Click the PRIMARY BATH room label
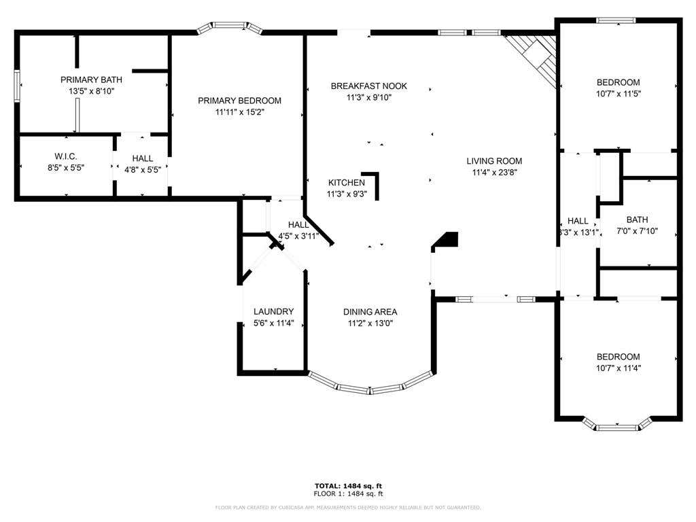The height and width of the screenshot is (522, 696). point(92,80)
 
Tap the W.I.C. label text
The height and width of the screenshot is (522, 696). point(66,156)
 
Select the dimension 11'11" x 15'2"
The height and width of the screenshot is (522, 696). point(240,112)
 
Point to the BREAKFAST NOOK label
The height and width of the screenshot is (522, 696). point(369,86)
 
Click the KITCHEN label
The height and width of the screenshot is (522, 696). point(347,182)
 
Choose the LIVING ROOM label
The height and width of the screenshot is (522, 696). point(494,161)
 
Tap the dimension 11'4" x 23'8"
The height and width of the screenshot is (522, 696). point(495,173)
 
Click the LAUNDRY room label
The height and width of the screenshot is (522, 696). point(273,311)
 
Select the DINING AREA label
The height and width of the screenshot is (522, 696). point(370,312)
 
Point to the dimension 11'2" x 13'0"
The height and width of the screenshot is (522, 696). point(370,324)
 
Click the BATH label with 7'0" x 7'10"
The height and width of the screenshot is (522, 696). point(637,220)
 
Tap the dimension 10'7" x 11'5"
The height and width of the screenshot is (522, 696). point(619,94)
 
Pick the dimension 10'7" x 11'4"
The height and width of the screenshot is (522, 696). point(619,368)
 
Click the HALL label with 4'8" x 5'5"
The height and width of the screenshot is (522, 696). point(143,158)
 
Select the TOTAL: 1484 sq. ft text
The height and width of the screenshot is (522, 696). point(348,486)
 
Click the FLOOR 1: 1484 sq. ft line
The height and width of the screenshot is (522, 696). point(348,493)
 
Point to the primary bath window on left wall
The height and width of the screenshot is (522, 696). point(17,86)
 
